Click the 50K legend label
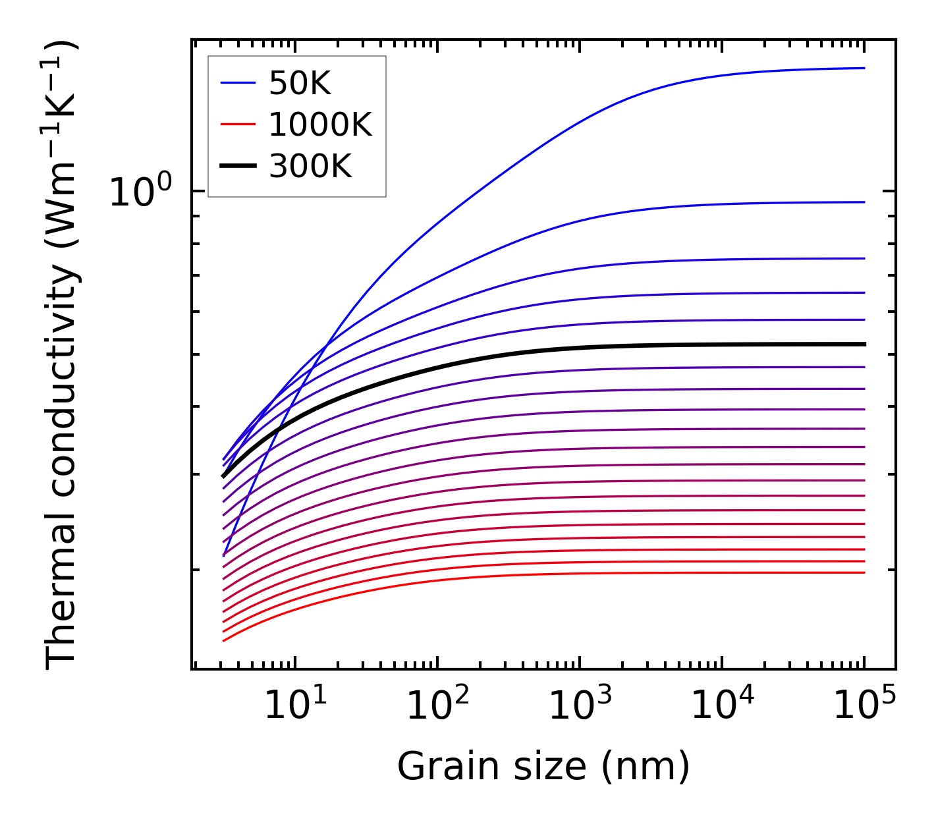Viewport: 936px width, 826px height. tap(300, 84)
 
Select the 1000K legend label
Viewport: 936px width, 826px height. tap(320, 124)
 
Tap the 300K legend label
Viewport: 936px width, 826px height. tap(310, 167)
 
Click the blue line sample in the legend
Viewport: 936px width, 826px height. tap(237, 83)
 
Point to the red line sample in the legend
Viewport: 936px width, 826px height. tap(237, 124)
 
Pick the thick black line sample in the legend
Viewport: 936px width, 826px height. tap(237, 166)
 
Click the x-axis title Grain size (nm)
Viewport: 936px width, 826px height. tap(543, 767)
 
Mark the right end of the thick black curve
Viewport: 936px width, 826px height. tap(864, 344)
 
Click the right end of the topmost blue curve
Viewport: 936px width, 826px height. tap(864, 68)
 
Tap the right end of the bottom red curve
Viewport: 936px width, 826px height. tap(864, 572)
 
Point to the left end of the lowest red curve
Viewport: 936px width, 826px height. tap(224, 640)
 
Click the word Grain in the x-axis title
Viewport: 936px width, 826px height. tap(432, 767)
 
